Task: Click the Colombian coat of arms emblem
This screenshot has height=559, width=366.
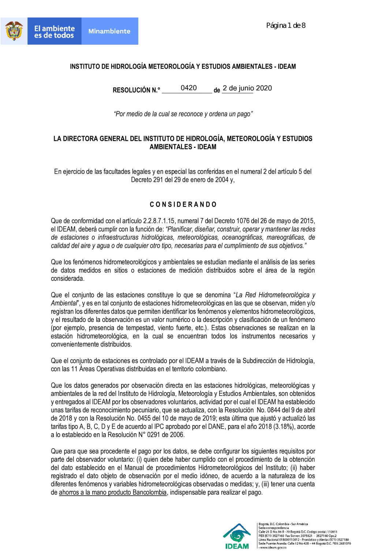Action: (14, 31)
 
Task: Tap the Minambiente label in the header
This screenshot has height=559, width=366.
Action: (109, 31)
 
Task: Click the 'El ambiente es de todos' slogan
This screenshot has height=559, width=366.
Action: (54, 32)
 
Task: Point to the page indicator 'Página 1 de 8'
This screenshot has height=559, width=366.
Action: (286, 26)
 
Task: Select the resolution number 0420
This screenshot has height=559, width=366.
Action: (188, 88)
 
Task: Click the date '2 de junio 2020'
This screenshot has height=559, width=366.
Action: (247, 88)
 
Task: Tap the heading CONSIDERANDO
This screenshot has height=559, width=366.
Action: (183, 205)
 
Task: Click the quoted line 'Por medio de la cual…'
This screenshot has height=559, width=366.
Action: (183, 114)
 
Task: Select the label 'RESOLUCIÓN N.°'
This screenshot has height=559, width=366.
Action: (136, 90)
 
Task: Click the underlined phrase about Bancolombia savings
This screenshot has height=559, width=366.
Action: (113, 492)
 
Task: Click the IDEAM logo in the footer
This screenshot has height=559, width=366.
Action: (237, 536)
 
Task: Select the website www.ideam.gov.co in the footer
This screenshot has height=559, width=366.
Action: (273, 548)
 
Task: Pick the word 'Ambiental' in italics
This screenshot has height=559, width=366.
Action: (64, 303)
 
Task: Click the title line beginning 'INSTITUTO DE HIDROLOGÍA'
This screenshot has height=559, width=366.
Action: (183, 67)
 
